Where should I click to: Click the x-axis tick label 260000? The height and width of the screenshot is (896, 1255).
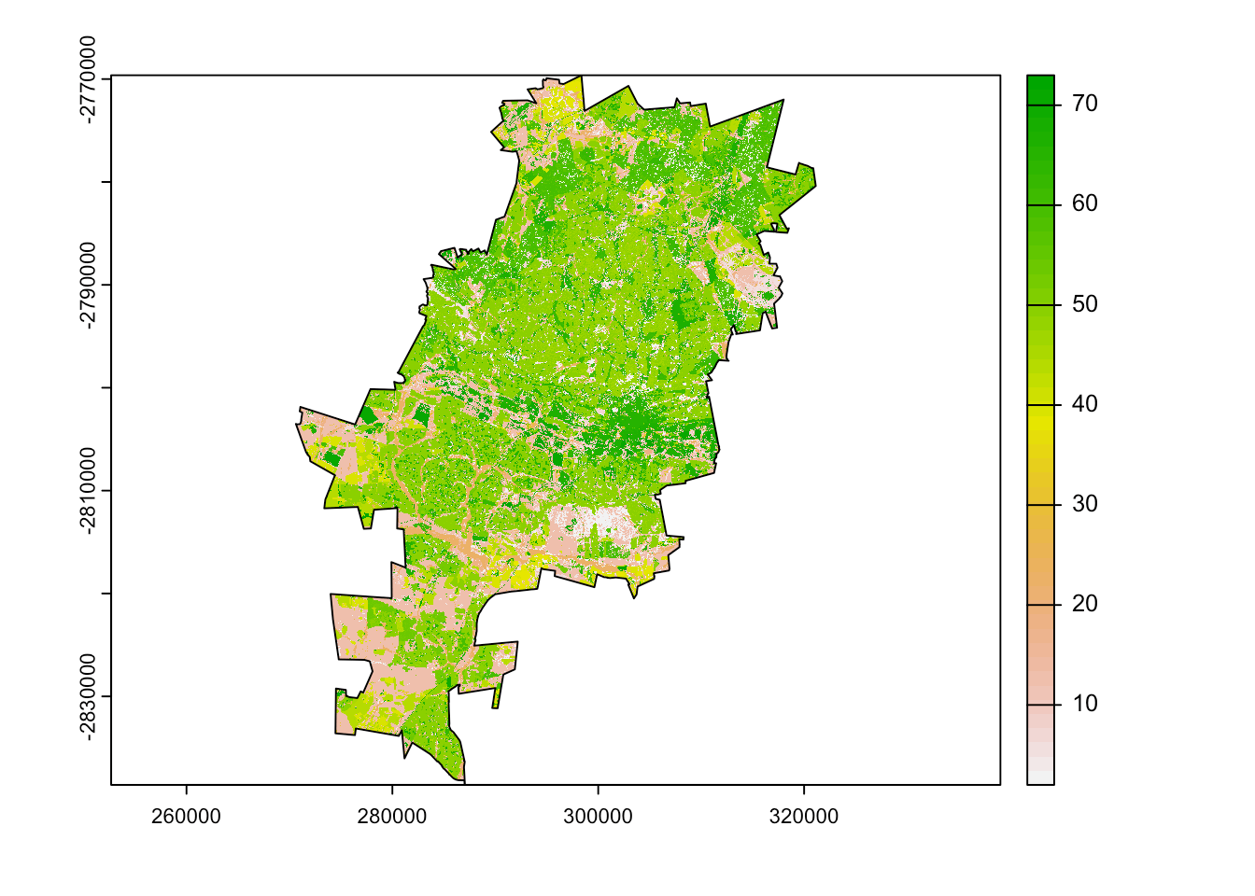[x=186, y=817]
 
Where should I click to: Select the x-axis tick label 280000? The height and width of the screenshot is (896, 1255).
[x=392, y=817]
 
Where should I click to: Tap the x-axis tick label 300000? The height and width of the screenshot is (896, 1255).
[x=598, y=817]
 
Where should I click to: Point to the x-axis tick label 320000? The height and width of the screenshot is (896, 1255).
[x=804, y=817]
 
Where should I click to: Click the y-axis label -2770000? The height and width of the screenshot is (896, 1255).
[x=88, y=79]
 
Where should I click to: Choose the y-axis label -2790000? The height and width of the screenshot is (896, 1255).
[x=88, y=285]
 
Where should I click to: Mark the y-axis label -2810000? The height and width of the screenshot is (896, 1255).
[x=88, y=491]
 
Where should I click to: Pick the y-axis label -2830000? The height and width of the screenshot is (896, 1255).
[x=88, y=696]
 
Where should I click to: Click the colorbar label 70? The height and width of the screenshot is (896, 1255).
[x=1084, y=104]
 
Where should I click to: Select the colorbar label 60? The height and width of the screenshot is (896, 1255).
[x=1084, y=203]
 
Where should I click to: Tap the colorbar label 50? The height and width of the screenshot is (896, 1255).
[x=1084, y=304]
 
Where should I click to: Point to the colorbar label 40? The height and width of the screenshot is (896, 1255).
[x=1084, y=404]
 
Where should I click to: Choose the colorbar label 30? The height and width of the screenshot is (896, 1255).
[x=1084, y=504]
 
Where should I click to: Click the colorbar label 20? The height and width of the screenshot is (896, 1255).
[x=1084, y=604]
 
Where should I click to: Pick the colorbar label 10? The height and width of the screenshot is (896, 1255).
[x=1084, y=704]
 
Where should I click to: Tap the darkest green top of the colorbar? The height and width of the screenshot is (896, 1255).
[x=1040, y=84]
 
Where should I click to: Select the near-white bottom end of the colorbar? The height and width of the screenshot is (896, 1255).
[x=1040, y=775]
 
